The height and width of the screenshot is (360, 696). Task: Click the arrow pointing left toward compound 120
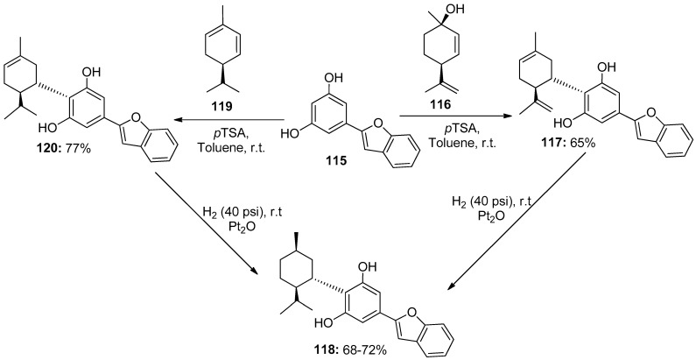point(228,121)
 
